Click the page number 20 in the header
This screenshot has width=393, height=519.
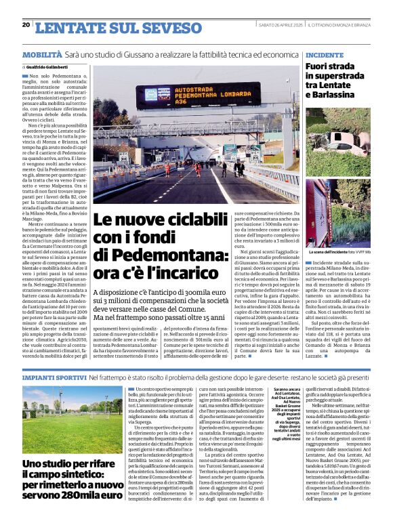click(x=26, y=24)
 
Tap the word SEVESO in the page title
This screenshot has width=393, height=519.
click(x=169, y=28)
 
